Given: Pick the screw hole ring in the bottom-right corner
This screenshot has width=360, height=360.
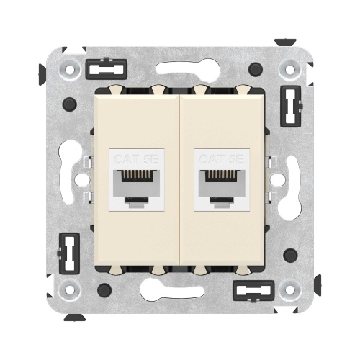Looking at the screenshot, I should tap(289, 289).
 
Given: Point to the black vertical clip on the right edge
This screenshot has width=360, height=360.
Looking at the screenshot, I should tap(289, 107).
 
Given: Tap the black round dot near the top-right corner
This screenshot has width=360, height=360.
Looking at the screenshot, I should tap(254, 69).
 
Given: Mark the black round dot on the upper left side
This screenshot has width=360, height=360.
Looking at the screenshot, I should tap(68, 105).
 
